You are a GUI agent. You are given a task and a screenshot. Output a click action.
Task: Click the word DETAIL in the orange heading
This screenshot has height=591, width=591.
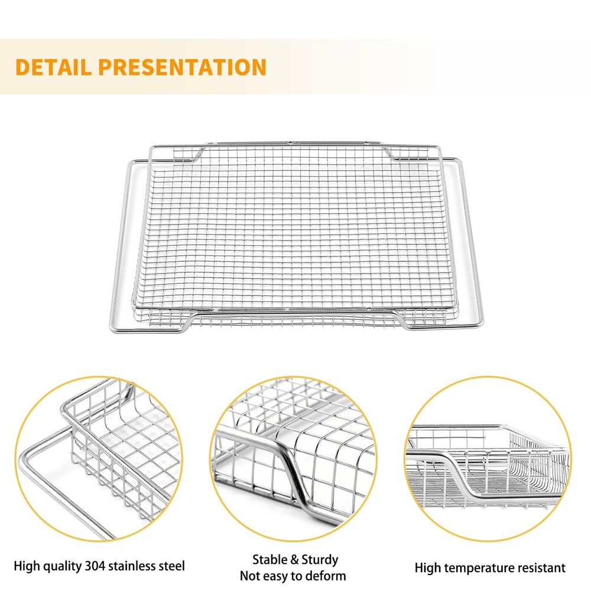click(53, 67)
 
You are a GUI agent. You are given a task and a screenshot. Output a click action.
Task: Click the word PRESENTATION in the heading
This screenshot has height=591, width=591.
click(183, 67)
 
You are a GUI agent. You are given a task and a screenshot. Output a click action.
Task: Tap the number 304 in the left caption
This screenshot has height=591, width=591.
click(95, 566)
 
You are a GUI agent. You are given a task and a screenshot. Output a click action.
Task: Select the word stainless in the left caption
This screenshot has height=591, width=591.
click(131, 566)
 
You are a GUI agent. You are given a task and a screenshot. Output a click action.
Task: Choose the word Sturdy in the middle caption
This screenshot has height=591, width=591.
click(320, 560)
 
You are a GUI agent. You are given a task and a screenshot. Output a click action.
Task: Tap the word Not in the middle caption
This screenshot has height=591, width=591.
click(248, 576)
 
